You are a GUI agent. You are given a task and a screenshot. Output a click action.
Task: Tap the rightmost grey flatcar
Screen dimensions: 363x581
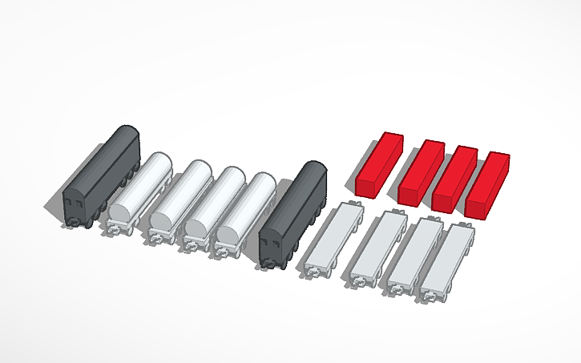[450, 259]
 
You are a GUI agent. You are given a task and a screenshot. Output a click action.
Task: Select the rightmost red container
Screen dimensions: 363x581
[489, 183]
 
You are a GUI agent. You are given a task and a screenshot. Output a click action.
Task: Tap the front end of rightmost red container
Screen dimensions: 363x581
[478, 206]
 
